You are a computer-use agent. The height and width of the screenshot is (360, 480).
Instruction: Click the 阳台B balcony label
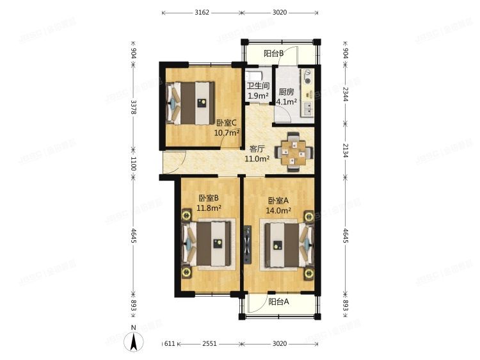[274, 54]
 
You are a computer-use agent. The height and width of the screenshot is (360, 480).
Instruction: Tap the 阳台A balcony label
[278, 302]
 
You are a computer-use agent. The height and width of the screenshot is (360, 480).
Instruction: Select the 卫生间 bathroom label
[258, 86]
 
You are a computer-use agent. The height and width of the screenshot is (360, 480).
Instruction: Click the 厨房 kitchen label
[286, 92]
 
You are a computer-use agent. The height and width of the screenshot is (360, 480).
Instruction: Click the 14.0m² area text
[280, 209]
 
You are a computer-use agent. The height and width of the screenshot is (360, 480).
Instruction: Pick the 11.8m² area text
[209, 208]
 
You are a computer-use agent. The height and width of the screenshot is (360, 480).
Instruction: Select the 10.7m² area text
[227, 133]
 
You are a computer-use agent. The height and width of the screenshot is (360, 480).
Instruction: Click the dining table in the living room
[294, 152]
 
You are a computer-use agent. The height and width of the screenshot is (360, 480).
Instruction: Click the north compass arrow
[134, 339]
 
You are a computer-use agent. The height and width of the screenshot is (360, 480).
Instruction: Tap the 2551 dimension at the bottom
[209, 344]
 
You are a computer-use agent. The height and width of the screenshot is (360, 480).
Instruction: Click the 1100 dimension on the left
[133, 165]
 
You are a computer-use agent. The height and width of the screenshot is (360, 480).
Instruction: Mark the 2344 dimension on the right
[346, 94]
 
